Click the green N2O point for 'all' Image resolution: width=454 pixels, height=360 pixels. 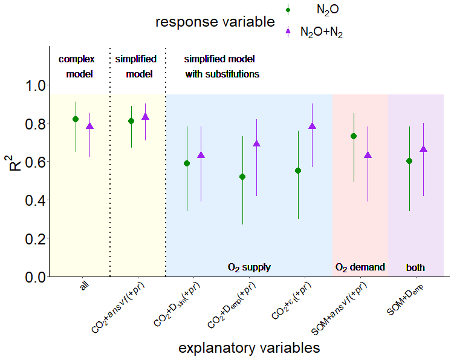(x=76, y=119)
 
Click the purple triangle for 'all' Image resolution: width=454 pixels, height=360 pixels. (x=89, y=126)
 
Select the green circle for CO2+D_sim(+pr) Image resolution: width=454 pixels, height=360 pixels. (x=187, y=163)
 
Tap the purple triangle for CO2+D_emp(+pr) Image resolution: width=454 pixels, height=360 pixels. (x=256, y=143)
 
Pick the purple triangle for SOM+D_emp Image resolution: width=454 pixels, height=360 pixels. (x=423, y=149)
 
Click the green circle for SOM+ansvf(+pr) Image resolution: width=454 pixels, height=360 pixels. (x=354, y=136)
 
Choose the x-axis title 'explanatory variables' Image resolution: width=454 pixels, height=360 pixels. (x=249, y=349)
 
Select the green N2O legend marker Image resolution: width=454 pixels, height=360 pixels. (x=288, y=9)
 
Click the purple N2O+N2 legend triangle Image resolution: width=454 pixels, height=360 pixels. (x=288, y=31)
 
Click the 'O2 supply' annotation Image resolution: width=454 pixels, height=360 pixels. (x=249, y=267)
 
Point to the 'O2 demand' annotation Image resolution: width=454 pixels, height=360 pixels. (x=360, y=267)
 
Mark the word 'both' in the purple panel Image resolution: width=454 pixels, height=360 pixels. (x=415, y=267)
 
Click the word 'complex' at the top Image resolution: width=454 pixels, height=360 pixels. (x=77, y=59)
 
